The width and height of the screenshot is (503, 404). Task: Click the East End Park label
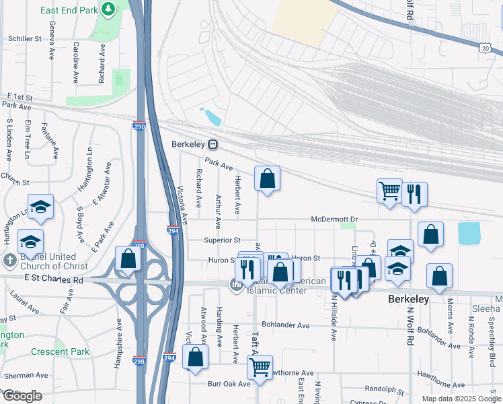point(68,10)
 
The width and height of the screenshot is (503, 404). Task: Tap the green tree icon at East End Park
point(108,9)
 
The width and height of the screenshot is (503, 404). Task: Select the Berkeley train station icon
point(212,144)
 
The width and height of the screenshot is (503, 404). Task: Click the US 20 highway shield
point(486,48)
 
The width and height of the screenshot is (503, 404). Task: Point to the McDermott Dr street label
point(333,220)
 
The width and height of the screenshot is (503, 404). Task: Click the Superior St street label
point(222,240)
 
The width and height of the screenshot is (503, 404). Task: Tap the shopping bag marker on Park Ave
point(267,179)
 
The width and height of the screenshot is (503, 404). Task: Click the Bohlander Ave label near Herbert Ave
point(286,325)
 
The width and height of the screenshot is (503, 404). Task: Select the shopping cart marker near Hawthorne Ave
point(260,368)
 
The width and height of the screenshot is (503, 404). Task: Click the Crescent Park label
point(60,351)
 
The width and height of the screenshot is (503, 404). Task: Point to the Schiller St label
point(26,39)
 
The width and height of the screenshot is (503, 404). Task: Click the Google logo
point(22,396)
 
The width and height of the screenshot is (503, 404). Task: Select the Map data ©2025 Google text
point(461,399)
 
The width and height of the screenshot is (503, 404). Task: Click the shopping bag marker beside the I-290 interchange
point(127,259)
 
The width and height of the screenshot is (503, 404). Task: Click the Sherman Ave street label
point(25,374)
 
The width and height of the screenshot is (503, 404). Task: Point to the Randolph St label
point(385,389)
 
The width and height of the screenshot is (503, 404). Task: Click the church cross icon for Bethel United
point(9,260)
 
